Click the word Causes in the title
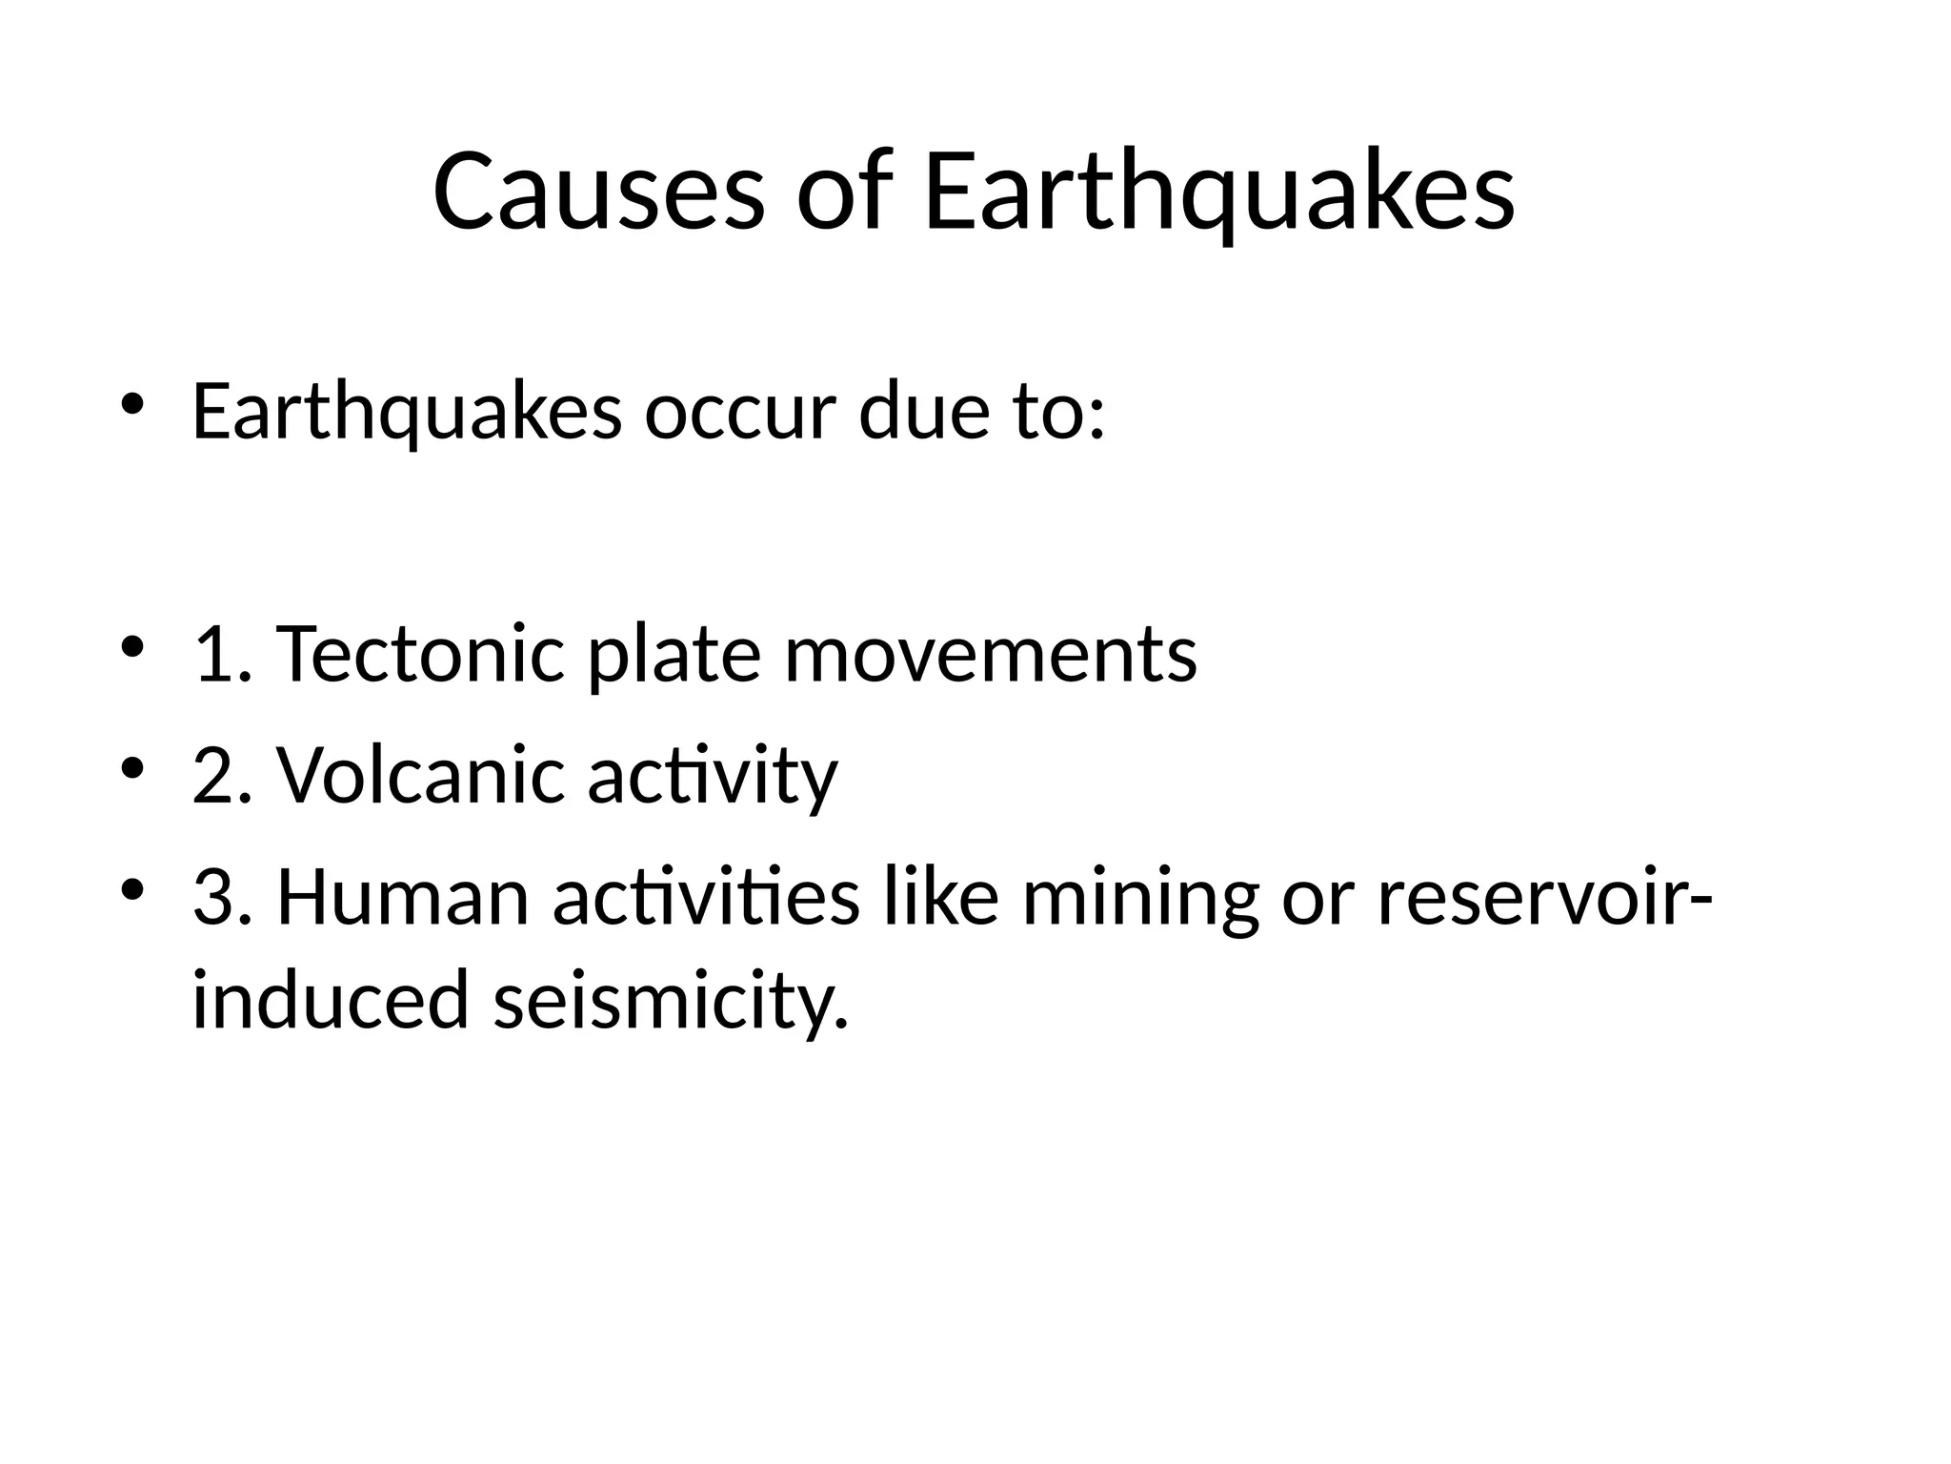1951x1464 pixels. [x=598, y=193]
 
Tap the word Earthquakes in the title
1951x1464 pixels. [x=1218, y=193]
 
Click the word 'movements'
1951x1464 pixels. [x=991, y=656]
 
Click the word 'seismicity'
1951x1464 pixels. [x=670, y=1002]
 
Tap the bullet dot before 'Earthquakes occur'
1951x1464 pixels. [x=131, y=404]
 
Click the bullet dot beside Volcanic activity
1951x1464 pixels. [x=131, y=766]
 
